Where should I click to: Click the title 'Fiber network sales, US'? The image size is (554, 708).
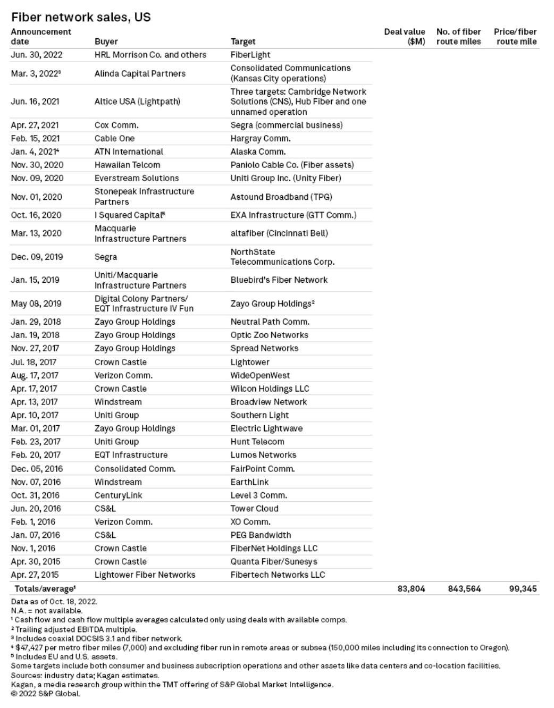point(81,17)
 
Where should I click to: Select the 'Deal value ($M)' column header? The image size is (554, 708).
point(405,37)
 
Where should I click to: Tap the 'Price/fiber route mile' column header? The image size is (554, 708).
point(515,37)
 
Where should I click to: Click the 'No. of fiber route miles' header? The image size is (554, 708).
point(458,37)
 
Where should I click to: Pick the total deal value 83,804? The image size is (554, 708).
point(411,588)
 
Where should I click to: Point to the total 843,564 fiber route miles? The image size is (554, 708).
point(464,588)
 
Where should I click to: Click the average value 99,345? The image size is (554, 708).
point(523,588)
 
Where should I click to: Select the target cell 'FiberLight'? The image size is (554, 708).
point(250,55)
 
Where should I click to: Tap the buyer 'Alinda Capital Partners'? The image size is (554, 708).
point(140,73)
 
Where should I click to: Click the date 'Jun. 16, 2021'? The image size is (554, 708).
point(35,101)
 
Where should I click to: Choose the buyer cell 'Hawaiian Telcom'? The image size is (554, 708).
point(127,165)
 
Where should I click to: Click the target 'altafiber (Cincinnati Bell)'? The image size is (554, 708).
point(279,233)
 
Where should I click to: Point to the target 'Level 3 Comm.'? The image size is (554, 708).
point(258,495)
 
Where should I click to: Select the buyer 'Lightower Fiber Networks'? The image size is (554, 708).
point(145,575)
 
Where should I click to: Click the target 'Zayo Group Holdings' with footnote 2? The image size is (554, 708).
point(272,304)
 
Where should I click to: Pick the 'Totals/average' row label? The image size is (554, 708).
point(45,588)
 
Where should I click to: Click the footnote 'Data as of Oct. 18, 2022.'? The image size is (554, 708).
point(54,602)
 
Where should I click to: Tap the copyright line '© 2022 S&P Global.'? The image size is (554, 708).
point(46,693)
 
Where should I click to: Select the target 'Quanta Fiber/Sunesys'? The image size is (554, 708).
point(274,561)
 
